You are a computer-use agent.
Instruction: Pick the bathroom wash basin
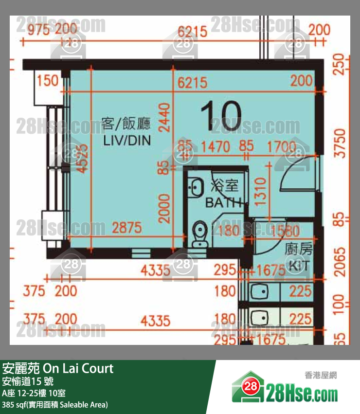coord(197,187)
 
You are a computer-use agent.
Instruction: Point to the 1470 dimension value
coord(216,146)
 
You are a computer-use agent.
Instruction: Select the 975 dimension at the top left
coord(38,30)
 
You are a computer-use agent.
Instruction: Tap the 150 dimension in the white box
coord(48,80)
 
